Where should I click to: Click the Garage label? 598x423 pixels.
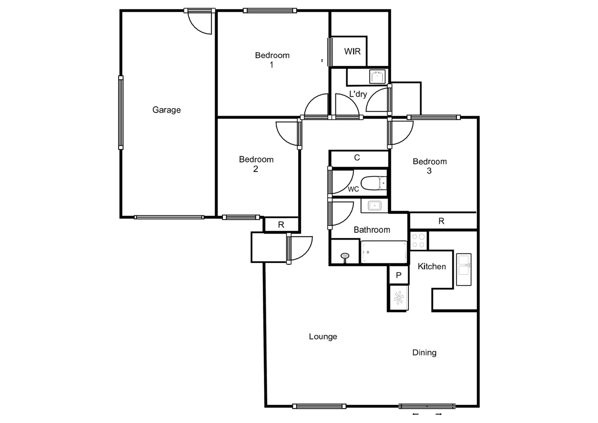[x=166, y=110]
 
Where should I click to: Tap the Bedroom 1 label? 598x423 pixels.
[x=272, y=60]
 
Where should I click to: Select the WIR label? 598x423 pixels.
[x=352, y=51]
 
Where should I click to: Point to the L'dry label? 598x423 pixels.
[x=358, y=94]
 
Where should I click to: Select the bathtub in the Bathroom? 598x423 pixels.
[x=384, y=252]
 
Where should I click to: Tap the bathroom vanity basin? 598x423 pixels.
[x=375, y=205]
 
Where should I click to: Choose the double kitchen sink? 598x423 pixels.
[x=464, y=269]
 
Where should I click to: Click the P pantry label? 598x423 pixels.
[x=398, y=275]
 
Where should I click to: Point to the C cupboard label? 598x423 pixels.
[x=357, y=158]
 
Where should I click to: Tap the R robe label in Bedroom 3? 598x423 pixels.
[x=441, y=221]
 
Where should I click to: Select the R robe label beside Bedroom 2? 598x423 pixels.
[x=281, y=225]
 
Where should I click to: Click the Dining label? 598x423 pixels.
[x=424, y=352]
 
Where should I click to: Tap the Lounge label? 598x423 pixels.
[x=323, y=336]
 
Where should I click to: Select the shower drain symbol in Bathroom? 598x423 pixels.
[x=345, y=256]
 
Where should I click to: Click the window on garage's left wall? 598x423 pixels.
[x=121, y=113]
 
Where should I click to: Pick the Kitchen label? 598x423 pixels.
[x=432, y=267]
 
